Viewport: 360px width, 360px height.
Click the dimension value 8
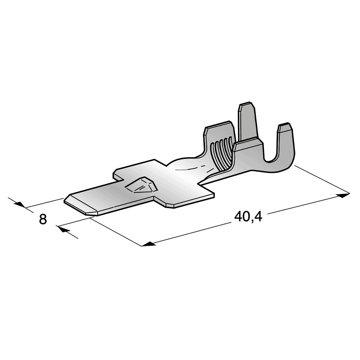tap(43, 219)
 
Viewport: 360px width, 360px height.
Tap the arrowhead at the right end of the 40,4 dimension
tap(345, 194)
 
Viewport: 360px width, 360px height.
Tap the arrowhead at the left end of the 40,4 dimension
tap(147, 244)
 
